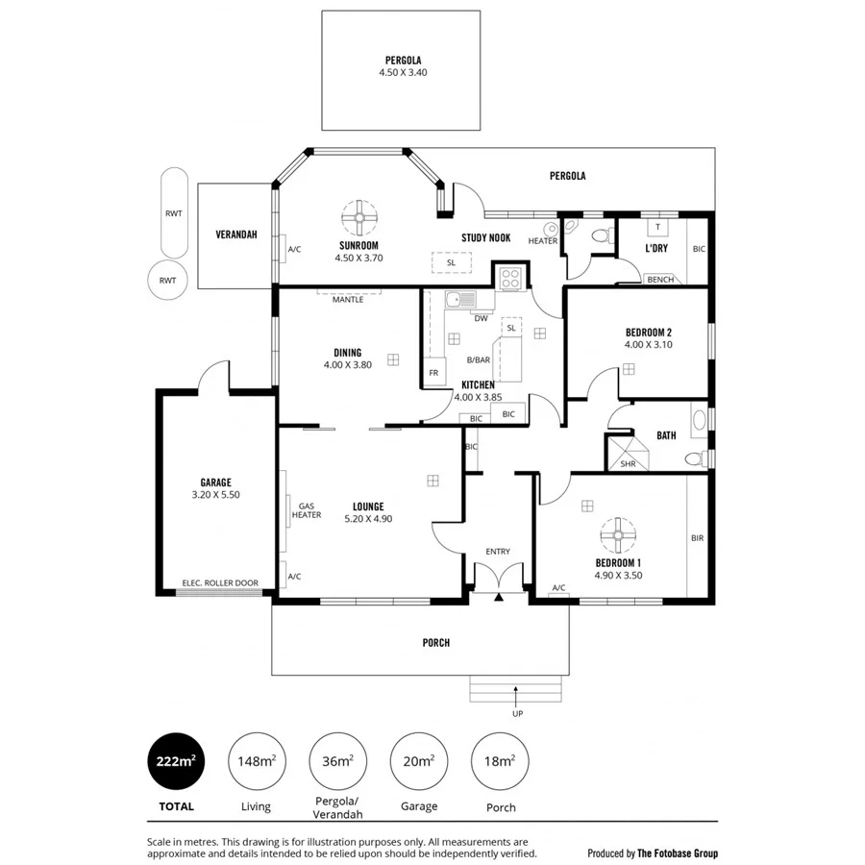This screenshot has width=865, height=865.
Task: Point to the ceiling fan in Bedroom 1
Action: [618, 533]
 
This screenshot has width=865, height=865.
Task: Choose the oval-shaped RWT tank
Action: [174, 213]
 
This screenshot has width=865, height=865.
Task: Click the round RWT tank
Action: [168, 281]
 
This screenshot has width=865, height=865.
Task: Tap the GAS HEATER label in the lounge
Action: [307, 510]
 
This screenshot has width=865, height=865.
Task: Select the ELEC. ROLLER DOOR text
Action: [220, 582]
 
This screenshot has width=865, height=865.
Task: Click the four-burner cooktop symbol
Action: [509, 278]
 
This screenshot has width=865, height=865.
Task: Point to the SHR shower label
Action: [628, 463]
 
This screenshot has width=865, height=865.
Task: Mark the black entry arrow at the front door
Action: [499, 598]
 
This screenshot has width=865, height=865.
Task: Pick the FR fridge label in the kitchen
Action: [433, 373]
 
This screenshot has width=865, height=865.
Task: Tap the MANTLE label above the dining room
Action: [347, 299]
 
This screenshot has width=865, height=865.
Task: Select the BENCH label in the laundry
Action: [659, 280]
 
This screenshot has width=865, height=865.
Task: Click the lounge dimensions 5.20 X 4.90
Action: [368, 519]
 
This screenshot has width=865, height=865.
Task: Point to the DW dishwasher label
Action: [482, 317]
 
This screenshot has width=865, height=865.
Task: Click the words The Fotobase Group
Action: [679, 853]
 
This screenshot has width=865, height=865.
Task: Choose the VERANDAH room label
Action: [236, 235]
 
